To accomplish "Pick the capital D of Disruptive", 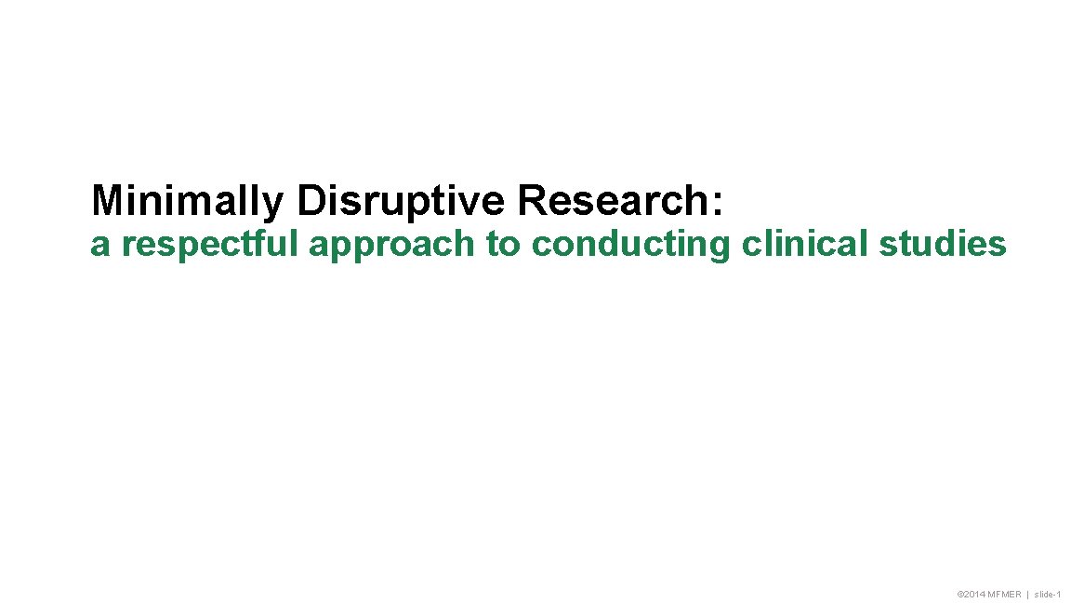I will pyautogui.click(x=310, y=200).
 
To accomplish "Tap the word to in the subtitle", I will pyautogui.click(x=502, y=245).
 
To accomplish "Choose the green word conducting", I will pyautogui.click(x=631, y=245).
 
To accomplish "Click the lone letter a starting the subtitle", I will pyautogui.click(x=98, y=246).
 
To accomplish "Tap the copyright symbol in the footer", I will pyautogui.click(x=959, y=595).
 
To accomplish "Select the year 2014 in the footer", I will pyautogui.click(x=973, y=595).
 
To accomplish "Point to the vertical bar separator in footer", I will pyautogui.click(x=1027, y=595).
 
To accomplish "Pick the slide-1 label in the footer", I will pyautogui.click(x=1048, y=595).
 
